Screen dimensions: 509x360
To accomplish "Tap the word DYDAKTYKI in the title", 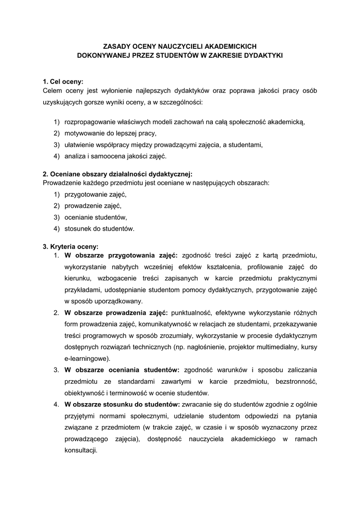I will click(x=261, y=55).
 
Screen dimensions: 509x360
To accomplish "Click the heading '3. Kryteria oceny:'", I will click(x=71, y=246).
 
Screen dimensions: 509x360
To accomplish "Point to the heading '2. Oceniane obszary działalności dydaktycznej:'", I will click(x=117, y=174).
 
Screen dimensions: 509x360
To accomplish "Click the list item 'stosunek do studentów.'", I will click(x=99, y=229).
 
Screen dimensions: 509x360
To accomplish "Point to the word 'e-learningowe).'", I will click(x=88, y=358).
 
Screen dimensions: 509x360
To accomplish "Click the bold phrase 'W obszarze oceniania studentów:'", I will click(x=122, y=370).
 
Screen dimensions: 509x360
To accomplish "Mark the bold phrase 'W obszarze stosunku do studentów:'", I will click(x=122, y=404).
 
